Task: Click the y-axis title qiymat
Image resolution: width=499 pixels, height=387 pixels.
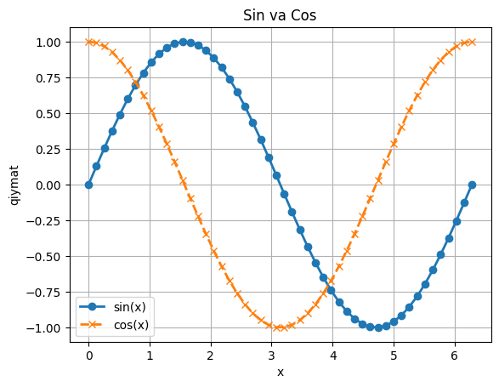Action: (14, 185)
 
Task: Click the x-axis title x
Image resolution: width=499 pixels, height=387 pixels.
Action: (280, 373)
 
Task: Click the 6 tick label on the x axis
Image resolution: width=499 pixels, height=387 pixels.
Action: (454, 355)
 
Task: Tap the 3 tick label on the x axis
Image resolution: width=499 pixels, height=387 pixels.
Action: (271, 355)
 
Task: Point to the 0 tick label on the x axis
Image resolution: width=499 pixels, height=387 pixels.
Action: (88, 355)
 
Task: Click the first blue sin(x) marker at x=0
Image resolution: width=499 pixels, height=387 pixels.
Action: (88, 185)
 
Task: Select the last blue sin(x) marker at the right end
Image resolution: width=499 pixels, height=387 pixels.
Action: (472, 185)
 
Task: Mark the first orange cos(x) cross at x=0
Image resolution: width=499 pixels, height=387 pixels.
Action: (88, 42)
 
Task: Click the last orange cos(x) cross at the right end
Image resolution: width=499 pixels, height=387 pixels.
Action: (472, 42)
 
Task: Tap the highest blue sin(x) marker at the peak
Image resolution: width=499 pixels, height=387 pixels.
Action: (183, 42)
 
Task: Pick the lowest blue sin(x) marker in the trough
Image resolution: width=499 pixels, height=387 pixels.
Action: (378, 327)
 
